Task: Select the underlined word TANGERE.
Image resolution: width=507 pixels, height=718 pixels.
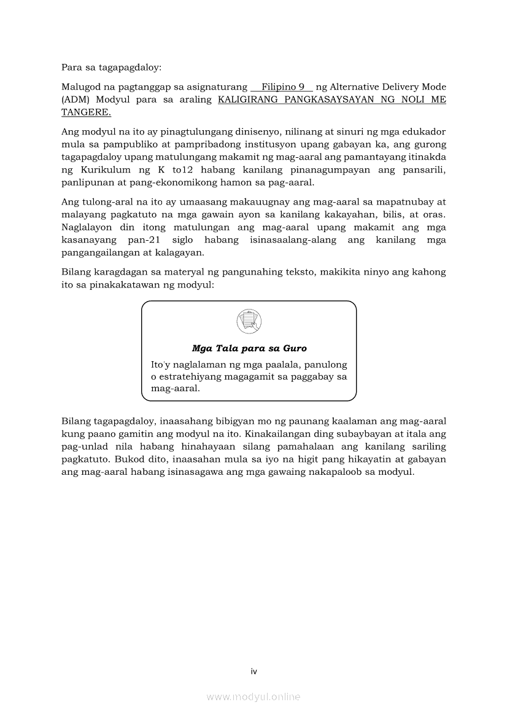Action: click(x=86, y=112)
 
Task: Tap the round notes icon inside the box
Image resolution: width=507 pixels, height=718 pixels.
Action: click(x=249, y=321)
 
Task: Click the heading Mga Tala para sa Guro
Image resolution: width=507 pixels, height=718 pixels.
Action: click(x=249, y=348)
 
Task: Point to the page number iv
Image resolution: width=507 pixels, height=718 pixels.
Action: click(x=253, y=671)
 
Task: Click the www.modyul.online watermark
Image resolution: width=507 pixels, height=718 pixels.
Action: click(x=253, y=697)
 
